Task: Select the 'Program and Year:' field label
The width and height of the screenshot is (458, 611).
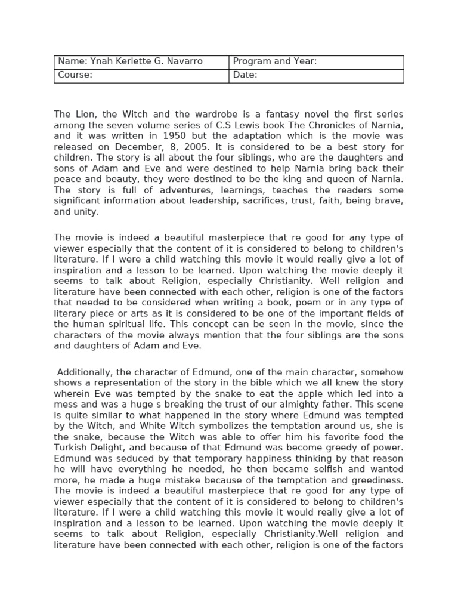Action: [x=274, y=61]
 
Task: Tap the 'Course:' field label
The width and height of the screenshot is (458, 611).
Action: [x=75, y=75]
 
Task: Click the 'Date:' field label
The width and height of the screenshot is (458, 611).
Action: [x=245, y=75]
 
